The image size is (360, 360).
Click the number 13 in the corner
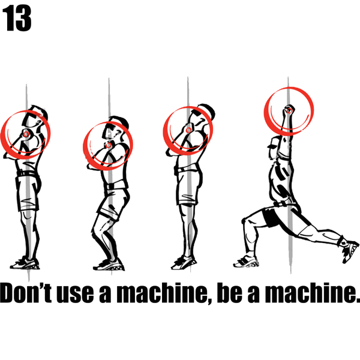pyautogui.click(x=17, y=19)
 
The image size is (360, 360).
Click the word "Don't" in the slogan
pyautogui.click(x=26, y=293)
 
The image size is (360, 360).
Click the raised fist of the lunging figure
pyautogui.click(x=289, y=110)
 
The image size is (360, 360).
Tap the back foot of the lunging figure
pyautogui.click(x=350, y=250)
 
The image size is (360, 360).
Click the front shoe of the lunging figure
pyautogui.click(x=245, y=261)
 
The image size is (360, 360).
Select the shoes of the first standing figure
pyautogui.click(x=25, y=263)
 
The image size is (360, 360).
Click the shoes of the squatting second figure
pyautogui.click(x=109, y=265)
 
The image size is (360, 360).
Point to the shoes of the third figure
pyautogui.click(x=184, y=263)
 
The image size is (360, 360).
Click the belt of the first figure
pyautogui.click(x=27, y=173)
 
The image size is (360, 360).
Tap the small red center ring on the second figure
pyautogui.click(x=109, y=145)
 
